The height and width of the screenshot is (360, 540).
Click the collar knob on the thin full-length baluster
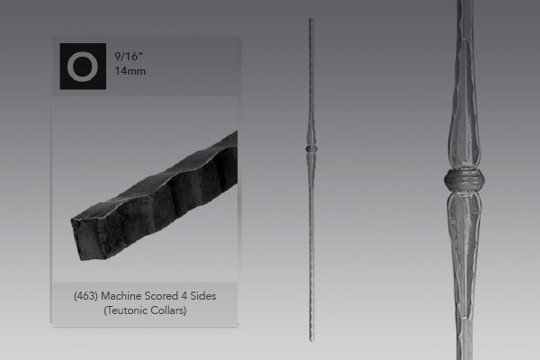tap(310, 148)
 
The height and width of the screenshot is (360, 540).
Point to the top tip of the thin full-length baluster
tap(310, 20)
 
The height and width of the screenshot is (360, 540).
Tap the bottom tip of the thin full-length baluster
tap(310, 338)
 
